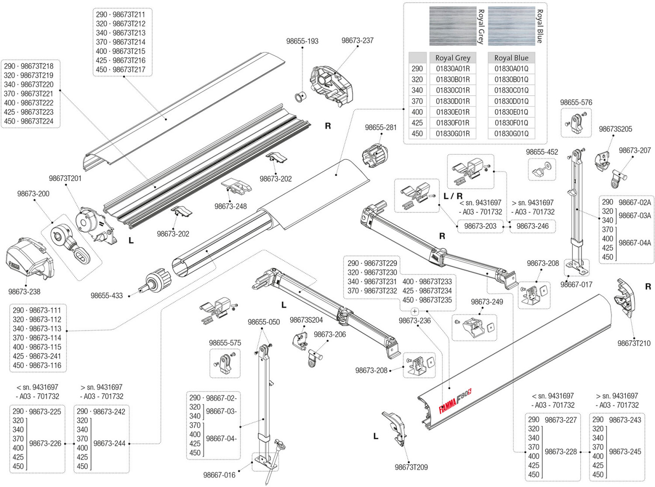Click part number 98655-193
pos(302,41)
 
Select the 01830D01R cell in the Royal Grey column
pos(453,101)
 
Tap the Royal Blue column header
pos(511,58)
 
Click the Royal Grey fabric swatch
pos(452,26)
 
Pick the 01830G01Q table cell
pos(511,134)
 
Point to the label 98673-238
pos(24,292)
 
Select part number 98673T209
pos(411,467)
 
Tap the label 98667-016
pos(219,475)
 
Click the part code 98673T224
pos(37,121)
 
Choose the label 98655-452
pos(542,152)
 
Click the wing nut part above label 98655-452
pos(542,169)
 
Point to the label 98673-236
pos(414,321)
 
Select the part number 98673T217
pos(129,69)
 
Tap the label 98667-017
pos(576,285)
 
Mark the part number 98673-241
pos(45,356)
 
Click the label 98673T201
pos(65,178)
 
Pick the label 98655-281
pos(381,128)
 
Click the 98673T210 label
pos(634,343)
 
